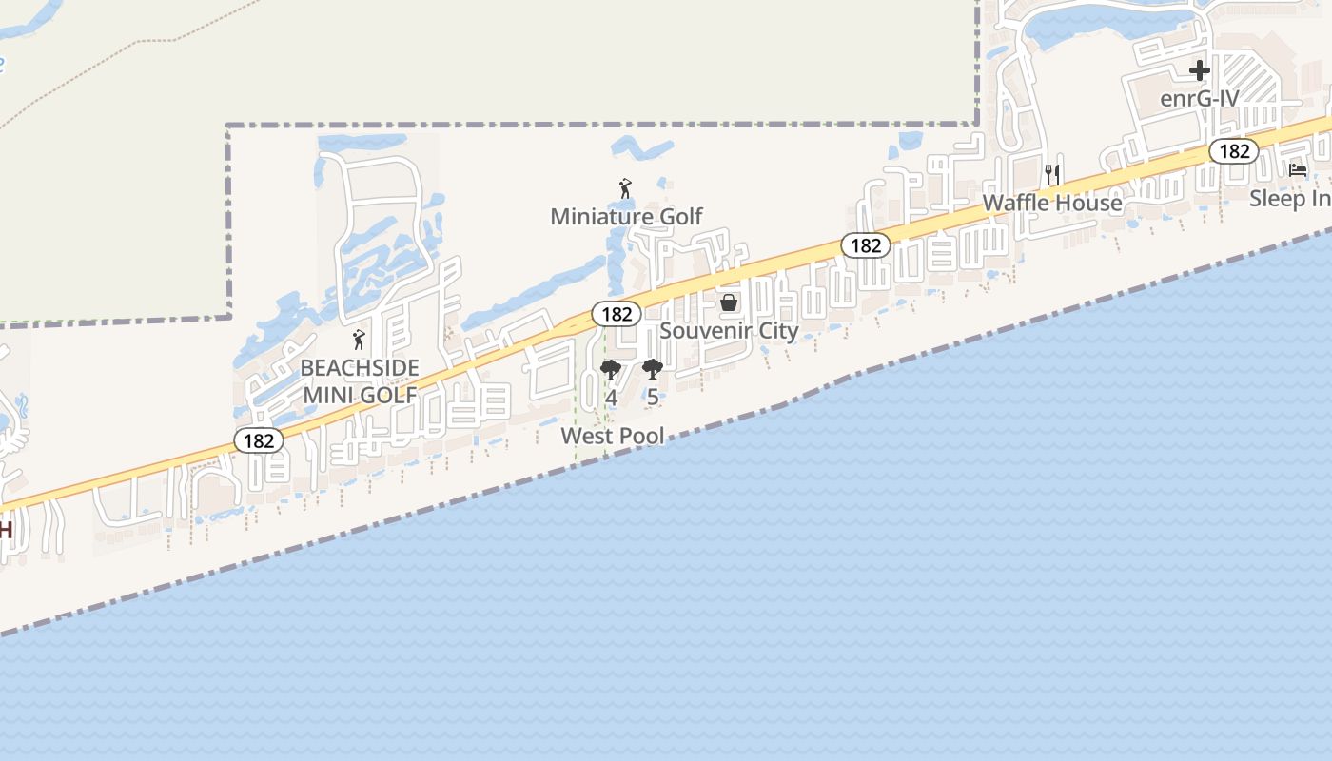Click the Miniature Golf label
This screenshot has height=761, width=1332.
point(626,217)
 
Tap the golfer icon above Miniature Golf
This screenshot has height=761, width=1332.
point(625,188)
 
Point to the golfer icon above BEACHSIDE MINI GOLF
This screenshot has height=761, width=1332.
point(359,340)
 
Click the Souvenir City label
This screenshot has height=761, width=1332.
point(729,331)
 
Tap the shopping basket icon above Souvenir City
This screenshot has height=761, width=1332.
point(729,302)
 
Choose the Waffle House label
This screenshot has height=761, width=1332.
point(1052,203)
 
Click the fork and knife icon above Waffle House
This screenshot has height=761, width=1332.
point(1052,175)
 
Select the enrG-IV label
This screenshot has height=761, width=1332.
point(1199,98)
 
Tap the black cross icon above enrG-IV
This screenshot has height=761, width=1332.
point(1200,69)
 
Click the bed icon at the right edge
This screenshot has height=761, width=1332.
point(1298,170)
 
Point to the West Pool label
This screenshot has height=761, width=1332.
point(613,436)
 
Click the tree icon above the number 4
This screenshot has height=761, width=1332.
point(611,369)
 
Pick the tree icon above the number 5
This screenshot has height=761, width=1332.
point(652,369)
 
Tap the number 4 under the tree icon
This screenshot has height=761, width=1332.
point(611,398)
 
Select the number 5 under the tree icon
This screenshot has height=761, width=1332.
point(652,398)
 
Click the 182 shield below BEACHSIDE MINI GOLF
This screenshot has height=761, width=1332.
point(259,440)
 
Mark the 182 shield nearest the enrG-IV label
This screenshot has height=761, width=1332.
point(1234,150)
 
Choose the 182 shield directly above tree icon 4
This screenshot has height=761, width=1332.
point(617,314)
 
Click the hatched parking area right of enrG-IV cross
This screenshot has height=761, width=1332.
point(1248,81)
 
